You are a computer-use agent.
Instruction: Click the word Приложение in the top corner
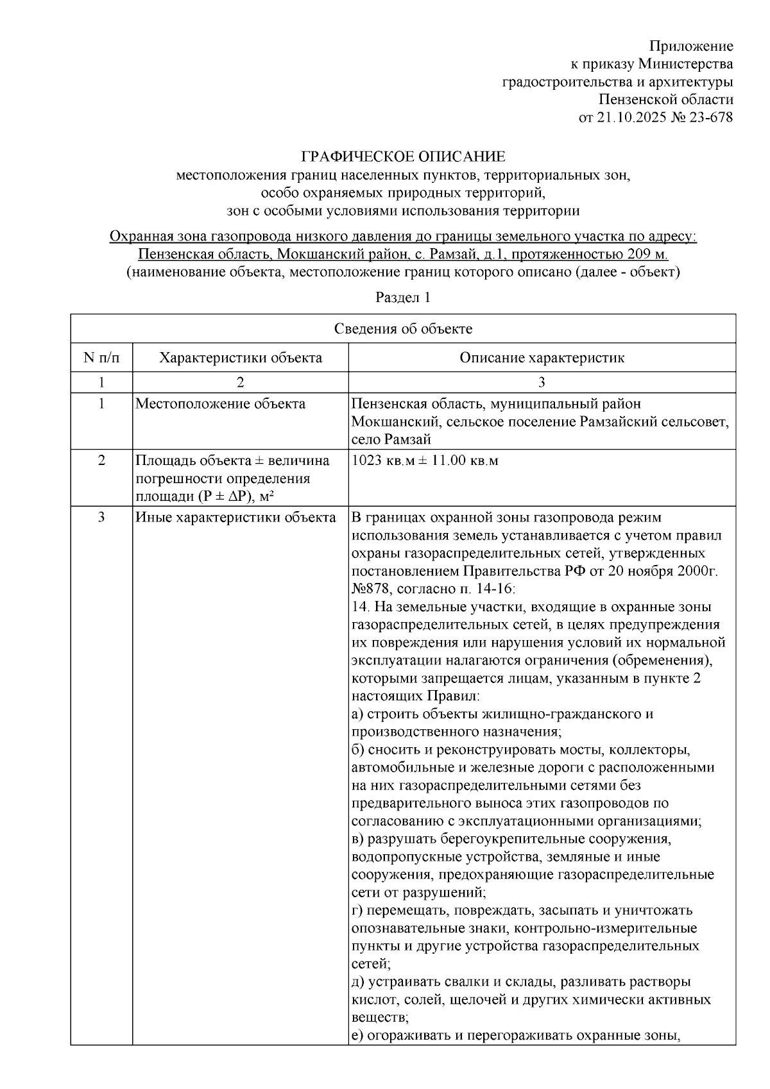[691, 46]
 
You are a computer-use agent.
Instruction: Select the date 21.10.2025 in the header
[627, 117]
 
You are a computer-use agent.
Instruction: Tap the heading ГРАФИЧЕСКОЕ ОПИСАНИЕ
[404, 156]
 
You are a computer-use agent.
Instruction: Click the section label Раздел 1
[403, 298]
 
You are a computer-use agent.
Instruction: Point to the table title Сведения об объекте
[403, 329]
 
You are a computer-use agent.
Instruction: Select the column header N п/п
[101, 358]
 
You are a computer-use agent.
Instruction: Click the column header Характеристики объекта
[241, 358]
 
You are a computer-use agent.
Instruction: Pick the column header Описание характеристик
[542, 358]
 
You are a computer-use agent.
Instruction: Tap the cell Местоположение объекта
[220, 404]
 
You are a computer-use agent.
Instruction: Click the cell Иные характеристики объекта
[235, 518]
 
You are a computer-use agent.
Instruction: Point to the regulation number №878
[370, 589]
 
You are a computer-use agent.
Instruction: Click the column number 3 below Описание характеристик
[542, 382]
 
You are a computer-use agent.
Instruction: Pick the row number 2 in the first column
[101, 460]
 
